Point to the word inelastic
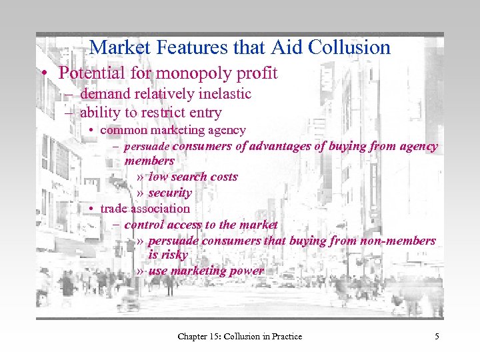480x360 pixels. point(223,94)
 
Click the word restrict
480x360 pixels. point(162,113)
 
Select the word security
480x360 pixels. point(170,193)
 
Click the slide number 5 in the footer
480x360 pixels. point(437,337)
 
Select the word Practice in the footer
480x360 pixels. point(285,337)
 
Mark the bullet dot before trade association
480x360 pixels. point(91,209)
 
